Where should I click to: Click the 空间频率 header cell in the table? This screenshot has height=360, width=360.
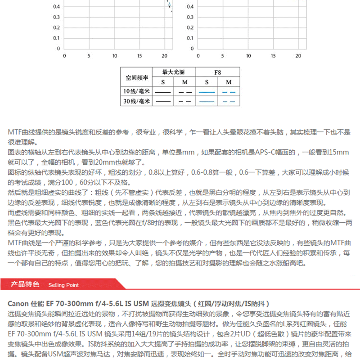137,77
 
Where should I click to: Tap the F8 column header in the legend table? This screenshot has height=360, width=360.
217,72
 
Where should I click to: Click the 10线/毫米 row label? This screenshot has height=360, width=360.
137,91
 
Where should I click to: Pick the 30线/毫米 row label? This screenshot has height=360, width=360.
137,101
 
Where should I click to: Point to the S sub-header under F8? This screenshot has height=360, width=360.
207,82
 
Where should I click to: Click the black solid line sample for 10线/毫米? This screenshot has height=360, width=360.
162,92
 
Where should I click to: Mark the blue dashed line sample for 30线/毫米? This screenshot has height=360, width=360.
229,102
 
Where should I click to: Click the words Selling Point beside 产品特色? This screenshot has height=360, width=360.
63,285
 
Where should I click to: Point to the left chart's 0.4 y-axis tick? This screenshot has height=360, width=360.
57,7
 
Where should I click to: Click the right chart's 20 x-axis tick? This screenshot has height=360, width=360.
298,56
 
